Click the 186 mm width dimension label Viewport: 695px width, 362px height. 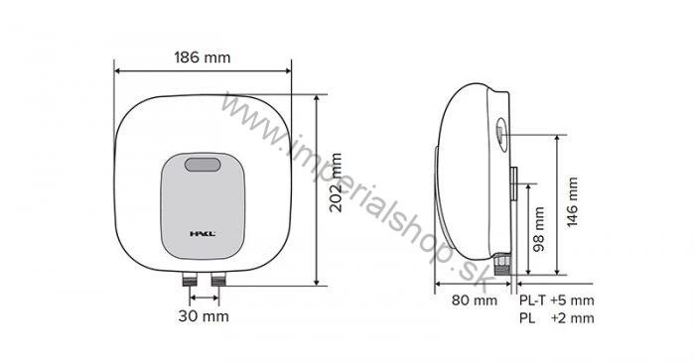(204, 58)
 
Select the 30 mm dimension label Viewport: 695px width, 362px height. (203, 316)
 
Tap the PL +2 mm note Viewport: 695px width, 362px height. (556, 317)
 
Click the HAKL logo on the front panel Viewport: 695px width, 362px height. (203, 235)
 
